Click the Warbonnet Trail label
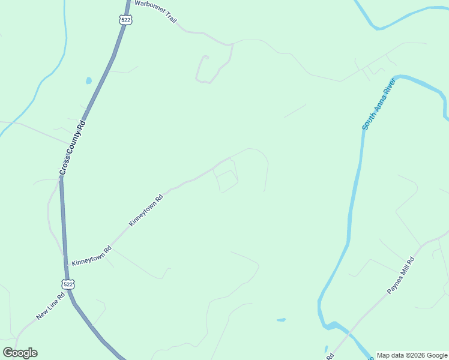pyautogui.click(x=155, y=11)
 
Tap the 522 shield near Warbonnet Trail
pyautogui.click(x=124, y=20)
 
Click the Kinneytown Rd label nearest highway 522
pyautogui.click(x=91, y=256)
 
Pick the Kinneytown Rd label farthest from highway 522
pyautogui.click(x=146, y=210)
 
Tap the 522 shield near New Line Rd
pyautogui.click(x=68, y=283)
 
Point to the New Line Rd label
pyautogui.click(x=54, y=305)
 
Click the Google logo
pyautogui.click(x=20, y=353)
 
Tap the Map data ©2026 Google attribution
pyautogui.click(x=412, y=355)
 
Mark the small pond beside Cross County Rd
pyautogui.click(x=89, y=80)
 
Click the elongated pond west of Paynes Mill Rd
pyautogui.click(x=281, y=320)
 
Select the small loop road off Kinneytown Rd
pyautogui.click(x=226, y=182)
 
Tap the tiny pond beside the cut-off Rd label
pyautogui.click(x=326, y=348)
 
